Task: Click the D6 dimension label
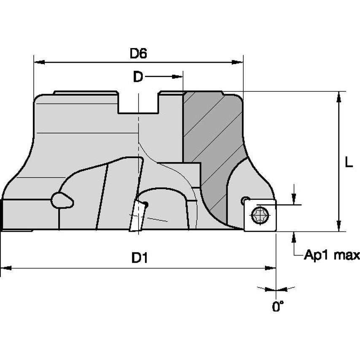click(138, 53)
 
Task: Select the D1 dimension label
click(140, 258)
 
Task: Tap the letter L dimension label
click(349, 163)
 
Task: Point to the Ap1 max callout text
click(332, 255)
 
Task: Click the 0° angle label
click(278, 306)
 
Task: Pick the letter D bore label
click(138, 77)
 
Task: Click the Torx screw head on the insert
click(260, 215)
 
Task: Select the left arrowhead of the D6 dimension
click(39, 62)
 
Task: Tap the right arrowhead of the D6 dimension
click(237, 62)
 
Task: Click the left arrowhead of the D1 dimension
click(6, 268)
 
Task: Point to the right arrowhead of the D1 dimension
click(270, 268)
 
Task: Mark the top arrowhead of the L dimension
click(339, 97)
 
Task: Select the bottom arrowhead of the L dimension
click(339, 226)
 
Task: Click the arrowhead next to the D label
click(177, 77)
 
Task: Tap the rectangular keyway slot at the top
click(138, 102)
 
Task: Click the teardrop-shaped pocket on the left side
click(62, 201)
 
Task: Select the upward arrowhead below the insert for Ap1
click(294, 237)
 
